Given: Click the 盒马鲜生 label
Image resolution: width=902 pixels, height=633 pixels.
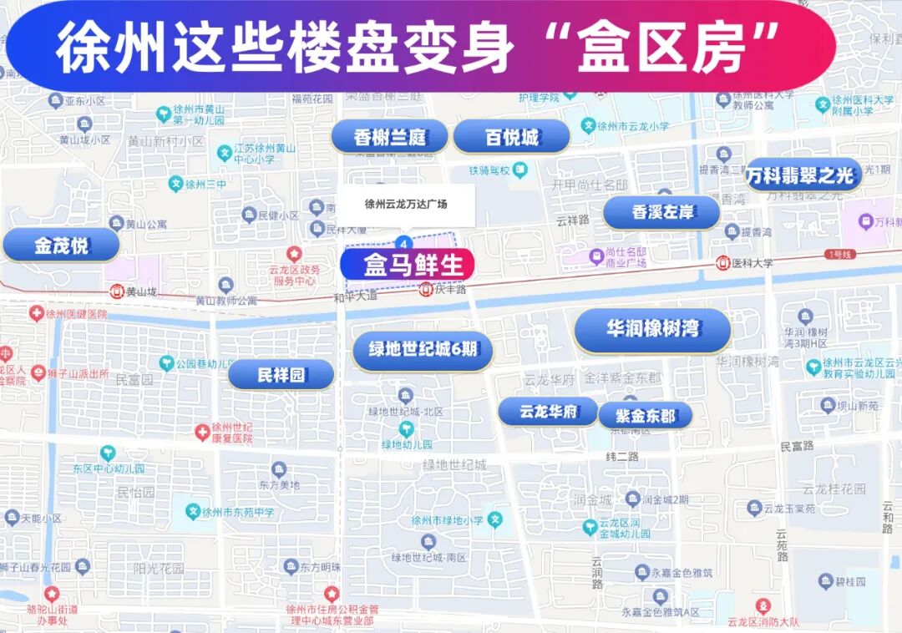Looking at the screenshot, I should coord(408,265).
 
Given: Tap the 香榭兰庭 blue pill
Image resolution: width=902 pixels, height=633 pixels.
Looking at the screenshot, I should coord(389,137).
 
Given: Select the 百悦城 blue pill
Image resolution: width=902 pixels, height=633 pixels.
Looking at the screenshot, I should coord(511,137).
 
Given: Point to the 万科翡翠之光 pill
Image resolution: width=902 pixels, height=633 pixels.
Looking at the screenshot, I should coord(801,175).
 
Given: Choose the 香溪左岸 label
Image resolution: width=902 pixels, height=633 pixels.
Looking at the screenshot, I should coord(661,212).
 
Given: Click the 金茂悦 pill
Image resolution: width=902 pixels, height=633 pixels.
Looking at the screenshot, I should coord(61,246).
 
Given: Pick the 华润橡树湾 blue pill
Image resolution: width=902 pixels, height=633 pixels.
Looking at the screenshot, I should coord(652,330).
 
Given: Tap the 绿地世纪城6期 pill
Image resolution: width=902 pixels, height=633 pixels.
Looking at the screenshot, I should coord(423,350).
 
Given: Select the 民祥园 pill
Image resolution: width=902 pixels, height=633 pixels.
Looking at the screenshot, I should coord(281,375).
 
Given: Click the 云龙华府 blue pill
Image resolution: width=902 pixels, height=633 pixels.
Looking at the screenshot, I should coord(548,411).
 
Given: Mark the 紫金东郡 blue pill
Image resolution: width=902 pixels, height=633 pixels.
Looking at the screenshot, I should coord(645,415).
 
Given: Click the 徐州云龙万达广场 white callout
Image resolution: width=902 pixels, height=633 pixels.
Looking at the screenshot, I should coord(406,204).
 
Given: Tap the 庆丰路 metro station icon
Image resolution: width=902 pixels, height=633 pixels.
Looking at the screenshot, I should coord(426,290).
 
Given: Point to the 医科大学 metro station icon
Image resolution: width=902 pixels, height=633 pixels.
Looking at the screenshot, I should coord(723,263).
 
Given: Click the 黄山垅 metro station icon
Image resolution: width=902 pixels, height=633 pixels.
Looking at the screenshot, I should coord(117,291).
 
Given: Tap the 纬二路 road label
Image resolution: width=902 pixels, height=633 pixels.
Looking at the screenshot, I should coord(621,457).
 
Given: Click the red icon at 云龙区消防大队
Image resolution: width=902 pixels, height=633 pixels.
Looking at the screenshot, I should coord(762,605).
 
